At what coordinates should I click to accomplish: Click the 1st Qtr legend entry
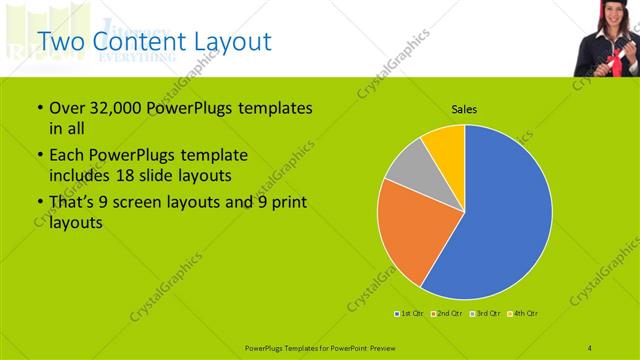pyautogui.click(x=410, y=314)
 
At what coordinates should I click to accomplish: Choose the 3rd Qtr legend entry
pyautogui.click(x=487, y=314)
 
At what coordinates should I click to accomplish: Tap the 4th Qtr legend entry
pyautogui.click(x=524, y=314)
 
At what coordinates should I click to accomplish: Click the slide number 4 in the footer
pyautogui.click(x=590, y=346)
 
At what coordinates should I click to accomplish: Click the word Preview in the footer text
pyautogui.click(x=381, y=346)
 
